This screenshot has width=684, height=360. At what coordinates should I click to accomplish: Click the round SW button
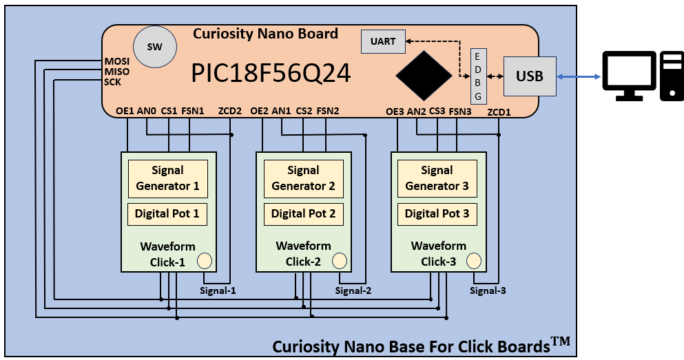click(x=155, y=47)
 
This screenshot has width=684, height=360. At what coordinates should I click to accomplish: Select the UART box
click(x=383, y=41)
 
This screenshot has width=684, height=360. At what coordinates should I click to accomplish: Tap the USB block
click(x=530, y=76)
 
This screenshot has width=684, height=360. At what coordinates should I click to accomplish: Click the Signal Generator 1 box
click(x=167, y=178)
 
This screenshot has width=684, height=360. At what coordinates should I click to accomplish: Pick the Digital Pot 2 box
click(x=303, y=214)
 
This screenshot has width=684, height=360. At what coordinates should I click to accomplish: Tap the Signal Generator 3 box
click(x=437, y=178)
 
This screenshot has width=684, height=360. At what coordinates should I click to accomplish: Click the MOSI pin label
click(x=116, y=61)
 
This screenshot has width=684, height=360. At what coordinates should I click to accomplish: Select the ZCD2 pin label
click(x=229, y=111)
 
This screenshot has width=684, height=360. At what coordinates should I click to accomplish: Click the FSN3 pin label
click(x=460, y=111)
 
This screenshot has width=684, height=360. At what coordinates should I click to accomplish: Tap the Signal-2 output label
click(x=353, y=290)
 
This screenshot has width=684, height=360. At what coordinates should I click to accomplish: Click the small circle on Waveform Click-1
click(x=205, y=261)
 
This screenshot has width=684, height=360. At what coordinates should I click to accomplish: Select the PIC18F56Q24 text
click(x=271, y=73)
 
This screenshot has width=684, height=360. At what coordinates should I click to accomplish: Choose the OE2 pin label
click(x=260, y=110)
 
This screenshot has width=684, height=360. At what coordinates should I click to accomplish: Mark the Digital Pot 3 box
click(x=437, y=214)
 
